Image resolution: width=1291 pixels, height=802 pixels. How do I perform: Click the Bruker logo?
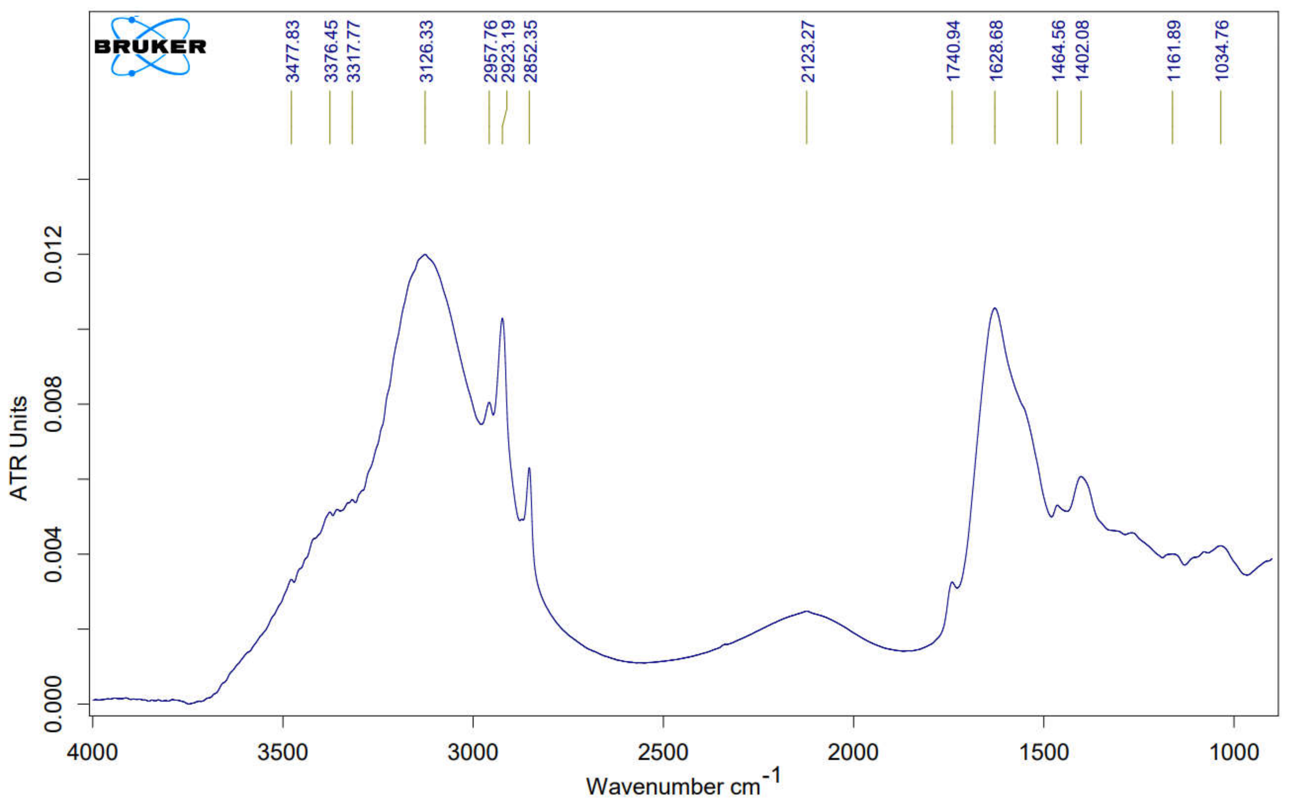[x=150, y=46]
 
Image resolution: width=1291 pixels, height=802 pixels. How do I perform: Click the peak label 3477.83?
[x=293, y=51]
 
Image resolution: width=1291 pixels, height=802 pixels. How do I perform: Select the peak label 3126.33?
[x=426, y=51]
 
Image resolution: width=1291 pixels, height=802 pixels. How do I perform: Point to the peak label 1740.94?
[x=954, y=51]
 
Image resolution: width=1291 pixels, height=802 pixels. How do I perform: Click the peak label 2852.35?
[x=530, y=51]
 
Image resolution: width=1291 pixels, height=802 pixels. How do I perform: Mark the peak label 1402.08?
[x=1082, y=51]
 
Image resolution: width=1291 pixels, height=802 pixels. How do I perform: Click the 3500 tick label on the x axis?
[x=283, y=752]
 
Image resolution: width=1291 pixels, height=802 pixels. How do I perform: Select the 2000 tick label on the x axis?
[x=853, y=752]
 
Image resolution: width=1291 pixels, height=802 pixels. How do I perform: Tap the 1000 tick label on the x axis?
[x=1234, y=752]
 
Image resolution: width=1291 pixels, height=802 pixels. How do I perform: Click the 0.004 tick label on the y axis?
[x=53, y=555]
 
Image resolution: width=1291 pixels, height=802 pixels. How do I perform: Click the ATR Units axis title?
[x=18, y=448]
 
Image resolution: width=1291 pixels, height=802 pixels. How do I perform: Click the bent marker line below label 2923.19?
[x=504, y=118]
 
